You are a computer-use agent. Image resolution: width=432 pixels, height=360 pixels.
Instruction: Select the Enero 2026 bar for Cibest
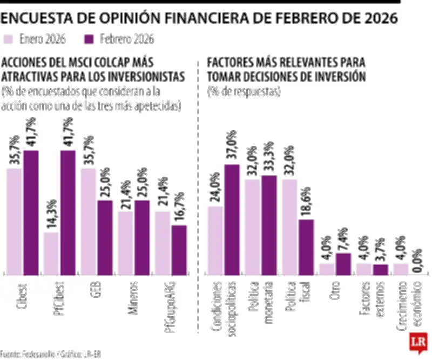coord(14,222)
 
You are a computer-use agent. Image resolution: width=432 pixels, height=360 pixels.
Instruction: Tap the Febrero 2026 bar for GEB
coord(105,237)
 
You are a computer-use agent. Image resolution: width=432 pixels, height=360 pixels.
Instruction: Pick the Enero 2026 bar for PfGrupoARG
coord(163,243)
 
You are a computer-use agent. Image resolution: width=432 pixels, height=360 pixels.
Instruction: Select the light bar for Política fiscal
coord(289,227)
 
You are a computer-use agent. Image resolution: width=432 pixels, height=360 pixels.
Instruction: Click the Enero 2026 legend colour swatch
coord(9,39)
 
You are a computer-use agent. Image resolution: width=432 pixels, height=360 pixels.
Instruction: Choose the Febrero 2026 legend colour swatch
coord(90,39)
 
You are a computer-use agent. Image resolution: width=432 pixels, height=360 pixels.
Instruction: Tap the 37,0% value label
coord(232,145)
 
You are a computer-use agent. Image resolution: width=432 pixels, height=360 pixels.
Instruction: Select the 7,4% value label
coord(343,236)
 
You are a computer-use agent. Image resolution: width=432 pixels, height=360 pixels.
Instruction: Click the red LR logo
coord(416,342)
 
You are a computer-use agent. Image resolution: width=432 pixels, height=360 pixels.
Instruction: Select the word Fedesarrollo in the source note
coord(41,355)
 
